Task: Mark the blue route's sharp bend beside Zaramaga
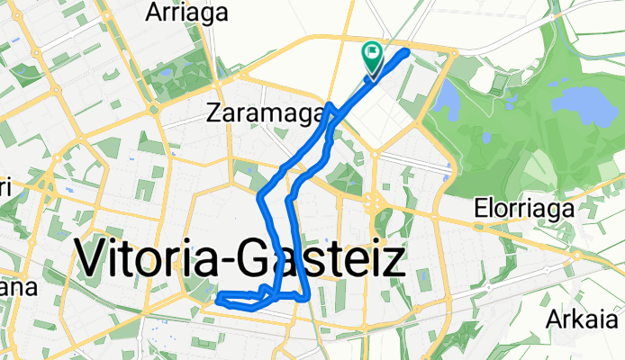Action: (331, 107)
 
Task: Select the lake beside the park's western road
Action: (447, 99)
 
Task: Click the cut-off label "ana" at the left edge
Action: (17, 288)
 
